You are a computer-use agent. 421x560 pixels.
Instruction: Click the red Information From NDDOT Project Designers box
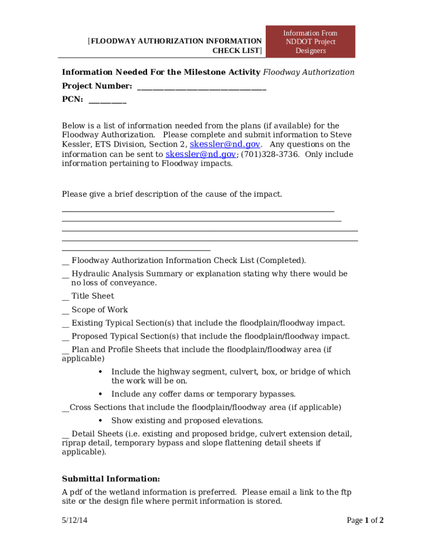tap(310, 42)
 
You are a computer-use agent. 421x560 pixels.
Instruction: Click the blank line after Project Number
tap(201, 87)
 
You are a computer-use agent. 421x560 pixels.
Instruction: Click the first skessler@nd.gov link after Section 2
tap(225, 144)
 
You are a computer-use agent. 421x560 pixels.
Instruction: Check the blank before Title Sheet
tap(65, 297)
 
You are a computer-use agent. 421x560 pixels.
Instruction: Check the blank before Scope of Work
tap(65, 311)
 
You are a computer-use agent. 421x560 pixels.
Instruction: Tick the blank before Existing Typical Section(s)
tap(65, 324)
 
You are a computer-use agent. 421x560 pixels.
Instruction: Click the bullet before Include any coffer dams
tap(101, 394)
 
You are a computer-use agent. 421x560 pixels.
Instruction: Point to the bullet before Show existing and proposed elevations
tap(101, 421)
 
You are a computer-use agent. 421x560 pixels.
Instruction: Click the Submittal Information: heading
tap(111, 479)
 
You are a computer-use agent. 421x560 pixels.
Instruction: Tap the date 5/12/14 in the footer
tap(74, 521)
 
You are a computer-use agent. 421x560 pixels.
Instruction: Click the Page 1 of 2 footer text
tap(365, 521)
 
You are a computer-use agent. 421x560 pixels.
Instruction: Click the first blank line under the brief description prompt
tap(197, 211)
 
